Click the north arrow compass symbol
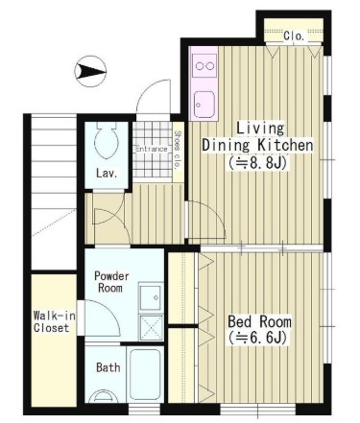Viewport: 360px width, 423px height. click(x=90, y=71)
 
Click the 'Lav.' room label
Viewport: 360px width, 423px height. click(x=107, y=174)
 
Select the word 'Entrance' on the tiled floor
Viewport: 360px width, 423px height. click(x=152, y=149)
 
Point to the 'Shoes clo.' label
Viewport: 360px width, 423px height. click(x=178, y=150)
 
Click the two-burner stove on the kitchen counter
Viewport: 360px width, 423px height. click(x=204, y=66)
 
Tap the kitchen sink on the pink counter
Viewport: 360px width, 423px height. click(x=204, y=105)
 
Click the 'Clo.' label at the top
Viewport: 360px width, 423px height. click(x=294, y=35)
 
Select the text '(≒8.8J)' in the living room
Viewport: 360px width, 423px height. click(x=257, y=163)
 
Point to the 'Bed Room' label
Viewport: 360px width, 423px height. click(x=259, y=321)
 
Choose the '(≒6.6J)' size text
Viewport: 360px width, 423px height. click(x=257, y=338)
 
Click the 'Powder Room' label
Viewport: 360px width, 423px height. click(x=111, y=282)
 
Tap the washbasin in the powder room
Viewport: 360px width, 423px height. click(x=151, y=297)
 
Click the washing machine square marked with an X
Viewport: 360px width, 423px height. click(x=151, y=327)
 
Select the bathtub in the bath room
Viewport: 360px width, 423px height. click(x=145, y=374)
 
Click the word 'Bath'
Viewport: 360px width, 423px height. click(x=108, y=367)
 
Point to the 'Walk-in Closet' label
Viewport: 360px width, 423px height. click(x=55, y=322)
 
